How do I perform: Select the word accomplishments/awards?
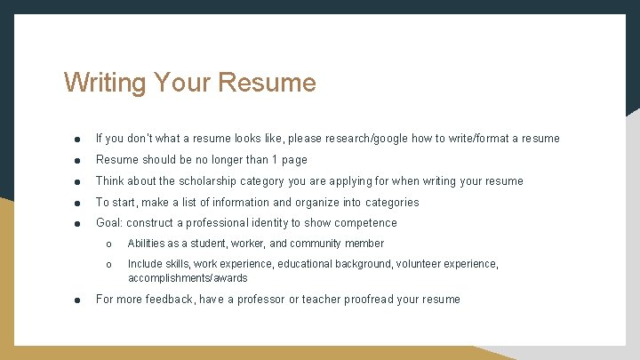coord(188,278)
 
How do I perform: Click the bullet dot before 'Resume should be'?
coord(78,161)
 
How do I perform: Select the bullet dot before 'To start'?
coord(78,204)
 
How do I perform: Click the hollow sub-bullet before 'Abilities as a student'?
coord(108,244)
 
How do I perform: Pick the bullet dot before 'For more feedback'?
coord(78,300)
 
